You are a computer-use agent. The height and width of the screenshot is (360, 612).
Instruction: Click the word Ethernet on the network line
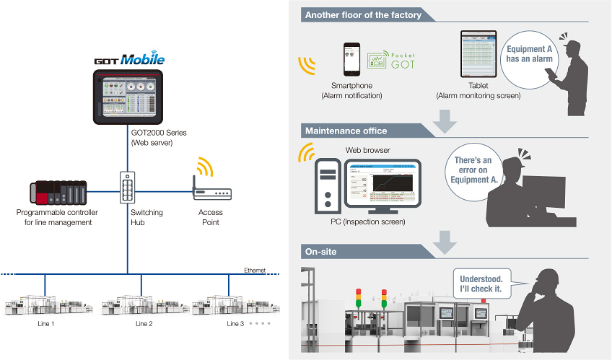(255, 270)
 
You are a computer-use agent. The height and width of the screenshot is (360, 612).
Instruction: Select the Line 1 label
(45, 324)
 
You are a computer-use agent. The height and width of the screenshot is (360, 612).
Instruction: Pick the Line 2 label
(144, 324)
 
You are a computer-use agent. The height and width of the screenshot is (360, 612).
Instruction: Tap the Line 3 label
(235, 324)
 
